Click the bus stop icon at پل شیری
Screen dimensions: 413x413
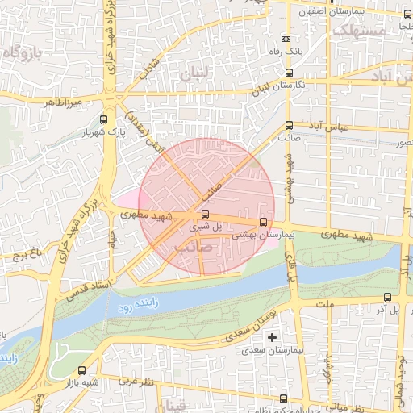(204, 215)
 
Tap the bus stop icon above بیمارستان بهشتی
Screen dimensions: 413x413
(263, 223)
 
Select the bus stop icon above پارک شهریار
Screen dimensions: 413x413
(102, 119)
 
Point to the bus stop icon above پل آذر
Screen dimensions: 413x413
(388, 297)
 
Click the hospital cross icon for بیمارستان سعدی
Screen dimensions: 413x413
(272, 336)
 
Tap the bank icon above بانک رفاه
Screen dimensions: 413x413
(285, 39)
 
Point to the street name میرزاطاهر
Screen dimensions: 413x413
(65, 103)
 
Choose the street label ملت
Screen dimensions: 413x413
(325, 305)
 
